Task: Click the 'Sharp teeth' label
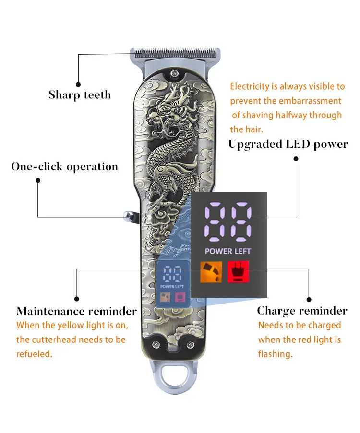click(79, 94)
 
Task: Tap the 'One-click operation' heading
click(64, 167)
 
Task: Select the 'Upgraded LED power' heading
click(288, 144)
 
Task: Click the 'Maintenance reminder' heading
click(76, 311)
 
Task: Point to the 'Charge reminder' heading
click(302, 311)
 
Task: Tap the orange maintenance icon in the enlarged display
click(211, 272)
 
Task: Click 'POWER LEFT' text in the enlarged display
click(228, 251)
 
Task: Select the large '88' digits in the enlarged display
click(228, 222)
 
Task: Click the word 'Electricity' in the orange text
click(250, 87)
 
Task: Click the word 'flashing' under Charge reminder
click(275, 354)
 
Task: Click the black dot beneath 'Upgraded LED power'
click(296, 158)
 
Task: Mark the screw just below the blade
click(174, 73)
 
